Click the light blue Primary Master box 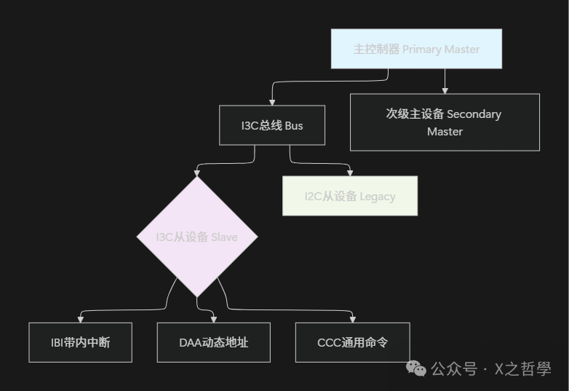tap(416, 49)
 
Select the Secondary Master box tap(445, 122)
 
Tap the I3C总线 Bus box tap(272, 125)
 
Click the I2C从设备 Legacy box tap(350, 196)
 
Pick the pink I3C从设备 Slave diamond tap(197, 237)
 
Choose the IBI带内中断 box tap(80, 342)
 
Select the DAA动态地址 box tap(213, 342)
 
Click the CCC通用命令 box tap(353, 342)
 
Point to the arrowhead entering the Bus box tap(272, 102)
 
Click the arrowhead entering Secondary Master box tap(445, 90)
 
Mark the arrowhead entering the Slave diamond tap(197, 173)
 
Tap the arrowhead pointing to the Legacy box tap(350, 173)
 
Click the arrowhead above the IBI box tap(80, 319)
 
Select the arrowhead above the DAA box tap(213, 319)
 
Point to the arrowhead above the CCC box tap(353, 319)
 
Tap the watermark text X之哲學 tap(522, 369)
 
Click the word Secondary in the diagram tap(474, 114)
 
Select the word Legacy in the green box tap(378, 197)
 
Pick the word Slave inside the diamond tap(224, 237)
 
